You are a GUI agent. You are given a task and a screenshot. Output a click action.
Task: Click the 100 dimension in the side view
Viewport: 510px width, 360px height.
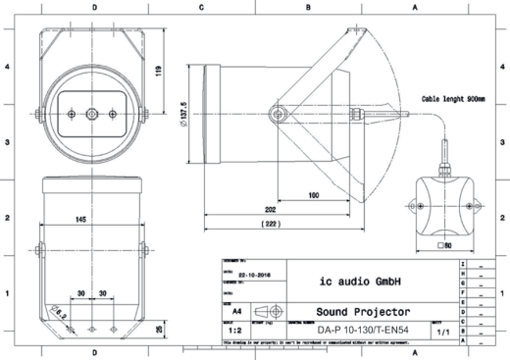click(312, 196)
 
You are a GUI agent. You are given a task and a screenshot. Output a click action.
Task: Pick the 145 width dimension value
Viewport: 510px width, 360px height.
click(90, 218)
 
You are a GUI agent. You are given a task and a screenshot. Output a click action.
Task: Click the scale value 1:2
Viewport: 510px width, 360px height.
click(235, 331)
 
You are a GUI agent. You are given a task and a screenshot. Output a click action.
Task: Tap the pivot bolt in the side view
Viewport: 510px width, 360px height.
click(279, 115)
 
